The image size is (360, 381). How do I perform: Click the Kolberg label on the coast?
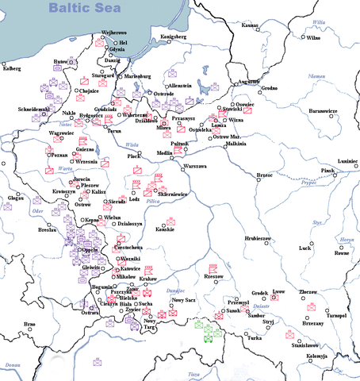[12, 68]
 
